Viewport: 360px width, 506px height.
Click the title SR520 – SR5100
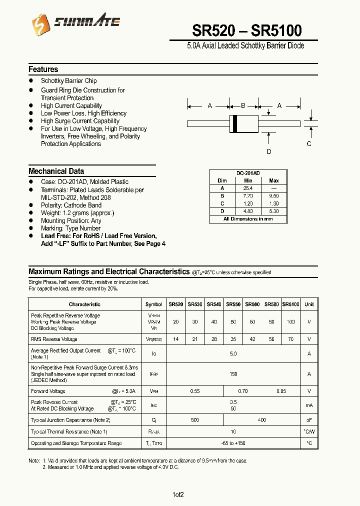click(x=247, y=31)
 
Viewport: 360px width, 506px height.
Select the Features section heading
click(x=43, y=69)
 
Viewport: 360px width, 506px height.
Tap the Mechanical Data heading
click(x=56, y=171)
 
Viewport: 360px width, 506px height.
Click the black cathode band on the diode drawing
click(x=234, y=123)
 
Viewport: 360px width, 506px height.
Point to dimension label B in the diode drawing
click(x=243, y=105)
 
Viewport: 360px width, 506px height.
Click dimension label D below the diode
click(x=269, y=152)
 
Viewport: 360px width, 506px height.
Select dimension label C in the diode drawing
click(x=309, y=143)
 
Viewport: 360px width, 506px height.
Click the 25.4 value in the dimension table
click(x=248, y=188)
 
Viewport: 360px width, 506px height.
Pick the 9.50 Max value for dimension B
click(x=273, y=196)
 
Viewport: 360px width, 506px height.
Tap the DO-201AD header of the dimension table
click(x=248, y=173)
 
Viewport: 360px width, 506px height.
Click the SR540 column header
click(x=214, y=304)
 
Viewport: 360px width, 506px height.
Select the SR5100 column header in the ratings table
click(x=290, y=304)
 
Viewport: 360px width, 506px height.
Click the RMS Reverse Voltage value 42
click(x=252, y=339)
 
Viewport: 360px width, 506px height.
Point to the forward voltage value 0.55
click(x=194, y=391)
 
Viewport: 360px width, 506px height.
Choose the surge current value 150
click(x=233, y=373)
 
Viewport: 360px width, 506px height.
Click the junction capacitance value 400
click(x=262, y=420)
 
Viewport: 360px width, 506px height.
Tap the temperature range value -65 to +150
click(x=233, y=443)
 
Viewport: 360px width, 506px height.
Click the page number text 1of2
click(x=178, y=494)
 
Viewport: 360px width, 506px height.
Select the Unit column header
click(x=309, y=304)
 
